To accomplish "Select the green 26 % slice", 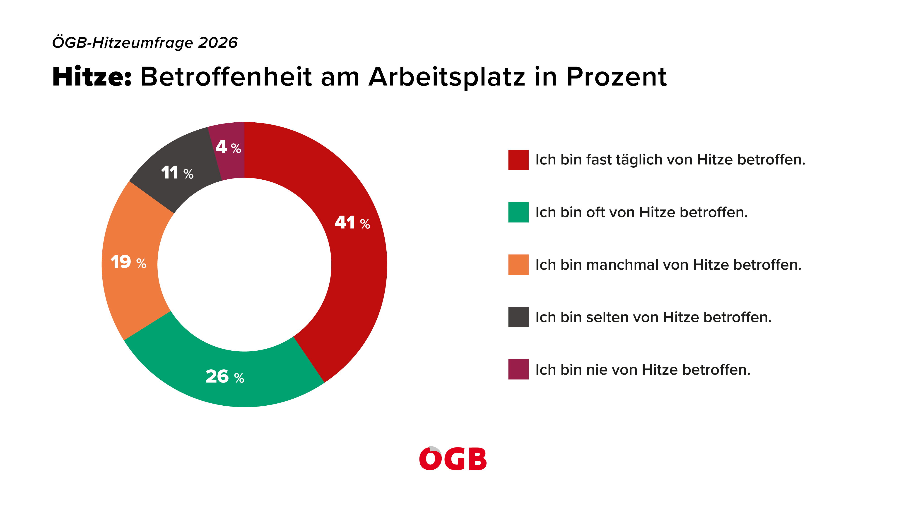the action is pyautogui.click(x=225, y=378).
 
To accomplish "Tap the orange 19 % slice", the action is pyautogui.click(x=130, y=262).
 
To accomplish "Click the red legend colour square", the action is pyautogui.click(x=518, y=160).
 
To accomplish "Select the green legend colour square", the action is pyautogui.click(x=518, y=212).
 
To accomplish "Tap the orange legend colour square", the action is pyautogui.click(x=518, y=264).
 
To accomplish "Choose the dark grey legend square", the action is pyautogui.click(x=518, y=317).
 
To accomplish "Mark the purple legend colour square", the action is pyautogui.click(x=518, y=369).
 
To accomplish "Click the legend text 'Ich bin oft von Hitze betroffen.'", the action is pyautogui.click(x=641, y=212).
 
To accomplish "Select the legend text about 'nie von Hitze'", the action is pyautogui.click(x=643, y=370).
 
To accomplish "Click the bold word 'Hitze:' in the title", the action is pyautogui.click(x=92, y=77).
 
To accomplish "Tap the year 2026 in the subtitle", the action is pyautogui.click(x=218, y=43).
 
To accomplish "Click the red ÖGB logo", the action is pyautogui.click(x=453, y=458).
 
